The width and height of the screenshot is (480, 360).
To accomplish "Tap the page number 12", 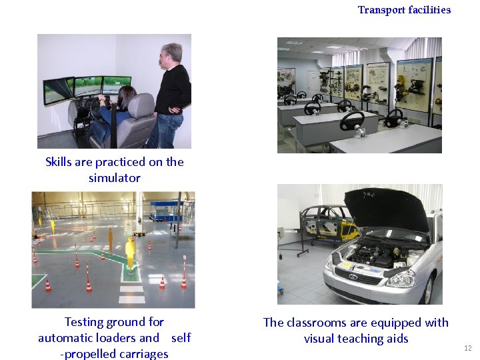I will point(467,348).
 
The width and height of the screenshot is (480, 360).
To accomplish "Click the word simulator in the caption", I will point(115,178).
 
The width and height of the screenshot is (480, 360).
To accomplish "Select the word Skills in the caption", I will point(61,162).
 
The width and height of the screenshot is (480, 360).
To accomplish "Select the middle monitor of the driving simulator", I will point(87,86).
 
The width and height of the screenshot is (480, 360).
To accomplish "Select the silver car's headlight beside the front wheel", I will point(400,278).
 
